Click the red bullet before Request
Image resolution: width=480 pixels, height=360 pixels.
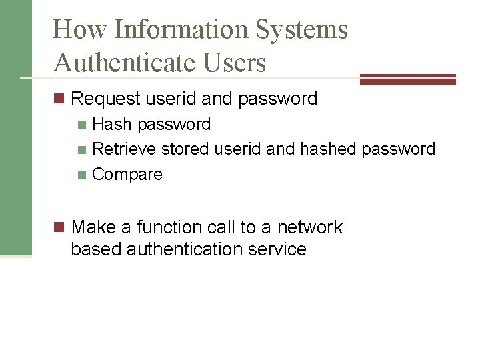tap(59, 99)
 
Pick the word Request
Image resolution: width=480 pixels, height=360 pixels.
tap(106, 99)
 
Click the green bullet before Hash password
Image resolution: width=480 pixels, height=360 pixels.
tap(82, 125)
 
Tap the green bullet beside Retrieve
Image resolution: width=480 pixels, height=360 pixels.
tap(82, 149)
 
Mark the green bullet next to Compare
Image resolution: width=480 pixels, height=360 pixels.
tap(82, 175)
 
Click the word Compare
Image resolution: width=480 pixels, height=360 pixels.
tap(127, 175)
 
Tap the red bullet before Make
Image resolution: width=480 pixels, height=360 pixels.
tap(59, 228)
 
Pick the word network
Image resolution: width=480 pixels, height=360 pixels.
tap(309, 227)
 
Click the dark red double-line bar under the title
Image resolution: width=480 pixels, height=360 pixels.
tap(407, 79)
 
